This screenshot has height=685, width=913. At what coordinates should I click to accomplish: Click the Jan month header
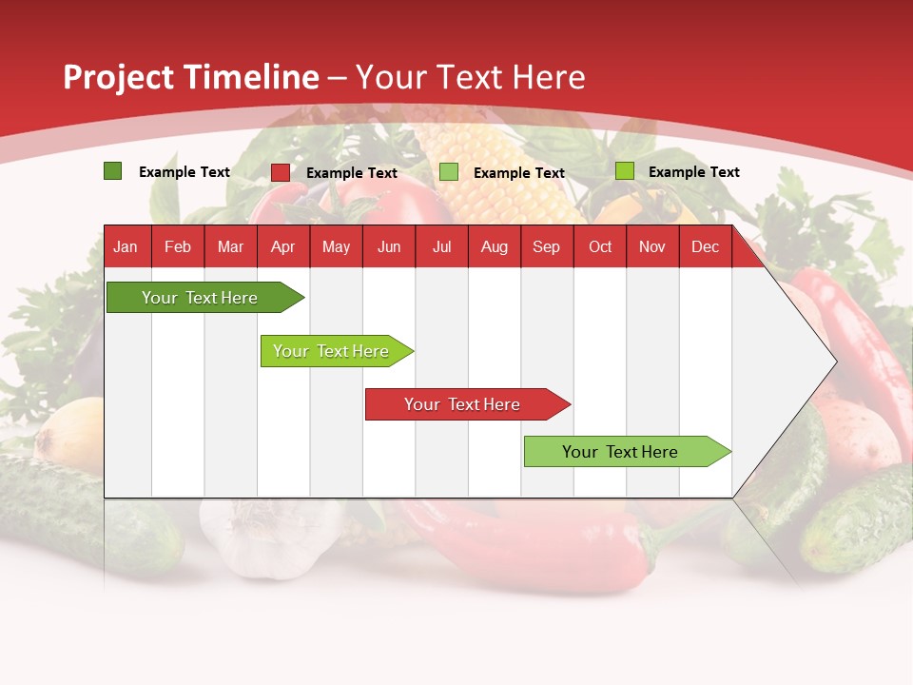(126, 246)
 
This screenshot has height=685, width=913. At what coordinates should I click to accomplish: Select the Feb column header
(178, 246)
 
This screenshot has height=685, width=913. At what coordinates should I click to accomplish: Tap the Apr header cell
(282, 246)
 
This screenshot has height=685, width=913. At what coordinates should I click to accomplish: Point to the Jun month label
(389, 246)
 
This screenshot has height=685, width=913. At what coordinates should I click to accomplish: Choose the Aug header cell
(494, 246)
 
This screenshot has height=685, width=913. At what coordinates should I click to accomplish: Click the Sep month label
(546, 246)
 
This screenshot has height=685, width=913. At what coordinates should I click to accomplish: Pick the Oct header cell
(600, 246)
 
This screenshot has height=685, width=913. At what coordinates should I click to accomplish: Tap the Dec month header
(705, 246)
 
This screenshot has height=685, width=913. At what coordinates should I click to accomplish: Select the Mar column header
(230, 246)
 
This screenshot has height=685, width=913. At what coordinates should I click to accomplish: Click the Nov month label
(652, 246)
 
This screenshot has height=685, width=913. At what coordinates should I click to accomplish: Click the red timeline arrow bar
(466, 404)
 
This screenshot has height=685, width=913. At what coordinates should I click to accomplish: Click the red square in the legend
(281, 172)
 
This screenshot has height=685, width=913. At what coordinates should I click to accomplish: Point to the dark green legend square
(112, 171)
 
